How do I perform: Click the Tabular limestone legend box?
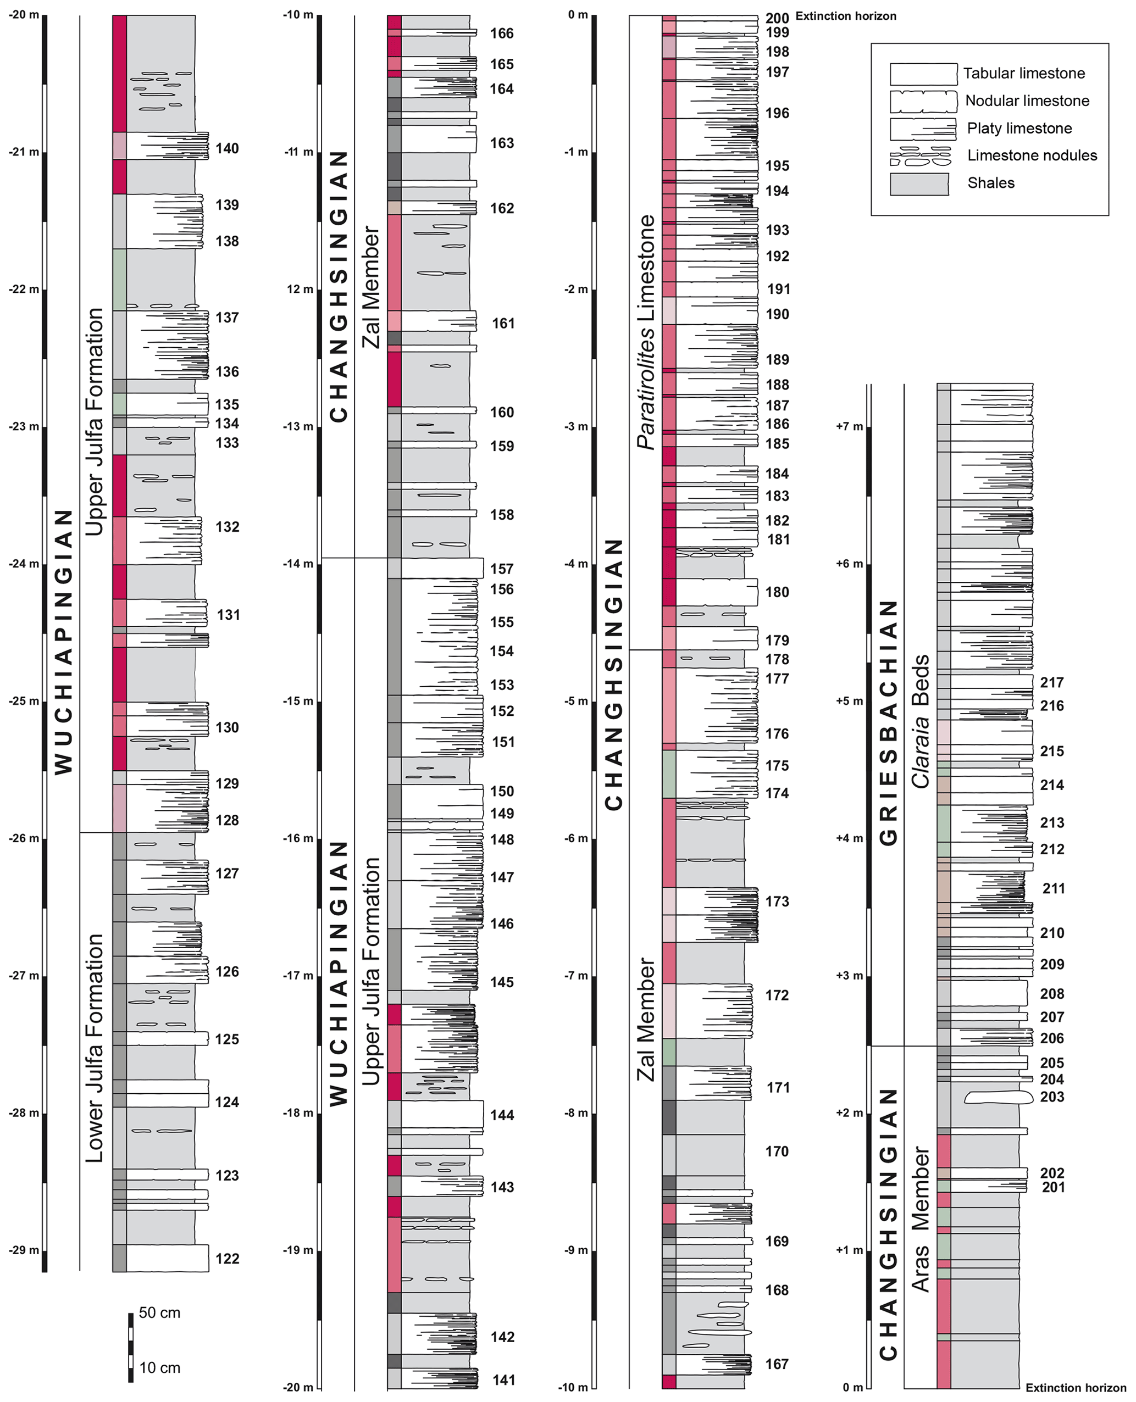click(923, 74)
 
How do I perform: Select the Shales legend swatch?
click(919, 184)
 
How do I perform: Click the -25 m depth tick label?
click(24, 702)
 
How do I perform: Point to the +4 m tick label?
click(849, 839)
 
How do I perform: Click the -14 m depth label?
click(298, 565)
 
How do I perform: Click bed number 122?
click(227, 1259)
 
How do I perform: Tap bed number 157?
click(502, 569)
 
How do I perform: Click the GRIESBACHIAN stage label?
click(888, 723)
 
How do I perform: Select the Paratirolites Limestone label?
click(646, 332)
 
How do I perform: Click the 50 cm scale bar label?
click(160, 1313)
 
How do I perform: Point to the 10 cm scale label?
click(160, 1368)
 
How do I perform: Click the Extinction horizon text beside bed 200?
click(846, 16)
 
